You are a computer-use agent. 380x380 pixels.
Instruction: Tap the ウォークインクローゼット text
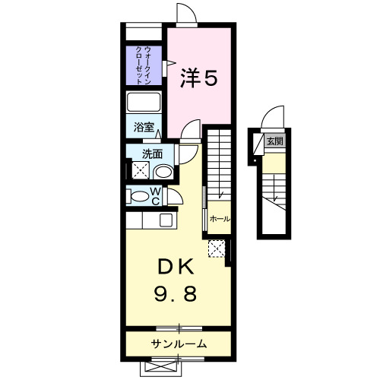(143, 65)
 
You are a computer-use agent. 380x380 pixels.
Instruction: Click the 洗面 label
(152, 154)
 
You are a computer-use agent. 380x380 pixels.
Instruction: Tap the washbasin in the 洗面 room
(163, 170)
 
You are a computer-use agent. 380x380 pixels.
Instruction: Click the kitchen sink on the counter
(166, 220)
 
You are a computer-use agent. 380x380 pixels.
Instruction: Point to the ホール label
(219, 219)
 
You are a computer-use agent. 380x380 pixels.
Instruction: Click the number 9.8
(177, 293)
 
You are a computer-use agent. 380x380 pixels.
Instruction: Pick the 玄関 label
(274, 141)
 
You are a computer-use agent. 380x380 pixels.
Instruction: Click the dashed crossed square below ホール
(217, 248)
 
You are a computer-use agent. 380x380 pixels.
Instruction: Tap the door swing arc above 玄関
(272, 119)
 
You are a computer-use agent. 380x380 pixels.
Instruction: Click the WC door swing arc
(175, 196)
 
